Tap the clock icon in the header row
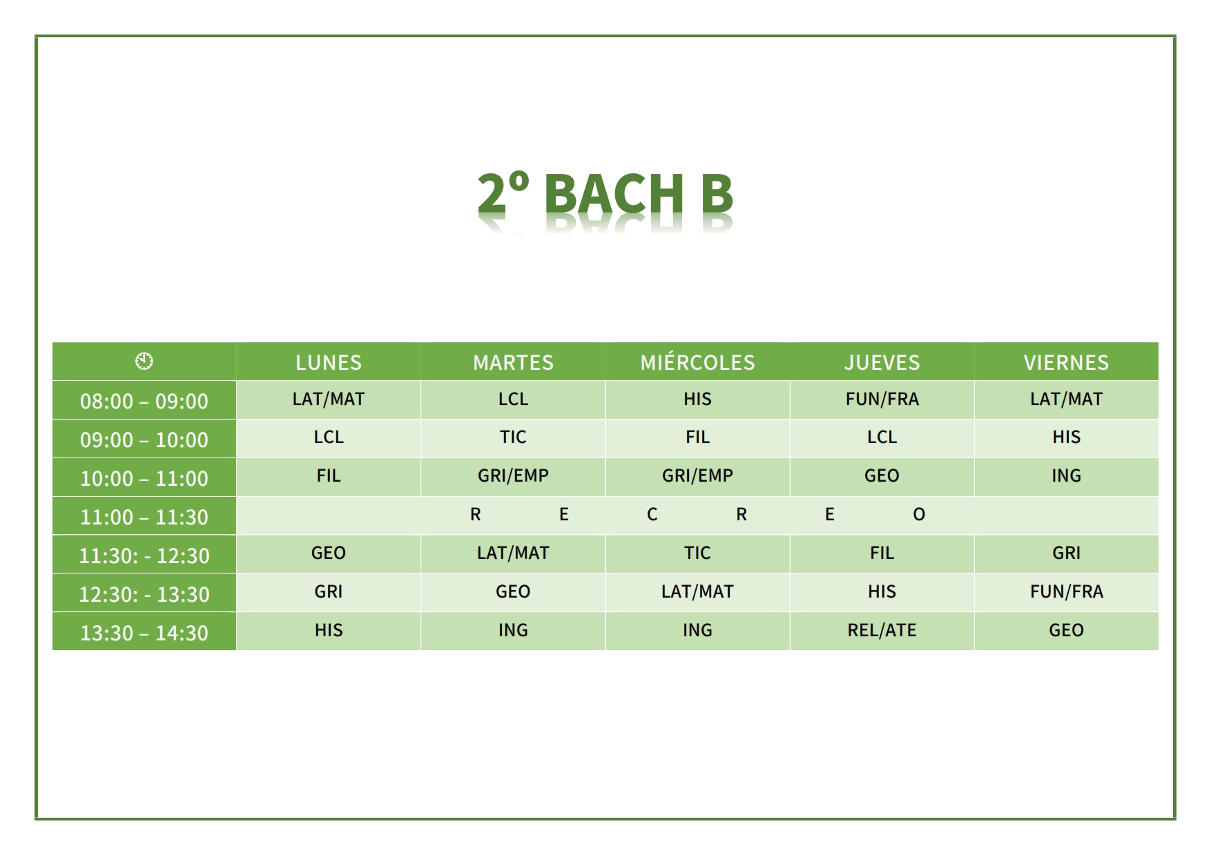coord(144,361)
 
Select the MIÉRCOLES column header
coord(697,362)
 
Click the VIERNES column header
coord(1066,362)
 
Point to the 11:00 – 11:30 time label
coord(144,517)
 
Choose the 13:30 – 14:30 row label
coord(144,633)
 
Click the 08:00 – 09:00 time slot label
coord(144,401)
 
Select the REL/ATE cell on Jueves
coord(882,630)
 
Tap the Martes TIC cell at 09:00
coord(513,437)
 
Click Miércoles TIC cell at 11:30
coord(697,553)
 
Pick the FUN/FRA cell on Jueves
coord(882,399)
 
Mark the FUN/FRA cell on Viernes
coord(1066,591)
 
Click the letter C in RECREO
coord(652,514)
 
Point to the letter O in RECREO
coord(919,514)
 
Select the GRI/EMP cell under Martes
coord(513,475)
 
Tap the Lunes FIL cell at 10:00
coord(329,475)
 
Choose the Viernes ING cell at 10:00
coord(1066,475)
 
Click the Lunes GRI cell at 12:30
coord(329,591)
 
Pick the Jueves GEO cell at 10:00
coord(882,475)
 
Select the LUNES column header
coord(329,362)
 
